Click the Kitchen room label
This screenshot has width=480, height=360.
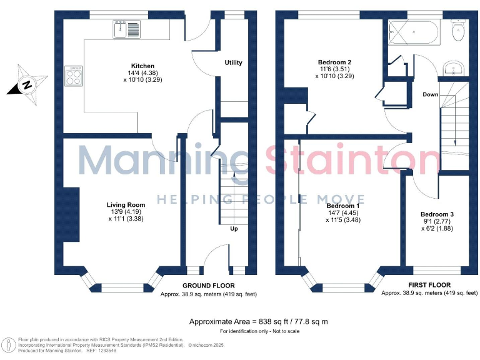(x=142, y=66)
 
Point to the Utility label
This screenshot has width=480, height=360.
(x=233, y=62)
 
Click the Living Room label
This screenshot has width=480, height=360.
(x=126, y=205)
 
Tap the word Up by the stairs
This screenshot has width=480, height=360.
(x=234, y=229)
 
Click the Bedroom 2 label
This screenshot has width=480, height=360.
(x=334, y=62)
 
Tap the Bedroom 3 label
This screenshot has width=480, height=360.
(x=437, y=214)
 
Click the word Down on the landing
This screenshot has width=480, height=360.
(x=430, y=94)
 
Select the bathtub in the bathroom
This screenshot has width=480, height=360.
(x=414, y=32)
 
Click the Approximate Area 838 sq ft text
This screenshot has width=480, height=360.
(x=258, y=321)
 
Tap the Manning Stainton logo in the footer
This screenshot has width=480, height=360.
(x=9, y=345)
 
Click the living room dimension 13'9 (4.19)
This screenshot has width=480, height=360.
(x=126, y=212)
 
